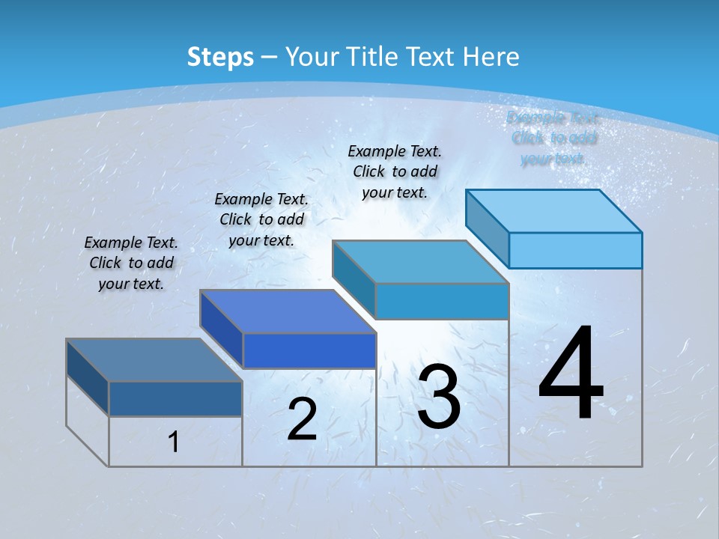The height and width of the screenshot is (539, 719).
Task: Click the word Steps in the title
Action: [x=220, y=57]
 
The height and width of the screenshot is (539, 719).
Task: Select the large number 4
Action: [x=571, y=374]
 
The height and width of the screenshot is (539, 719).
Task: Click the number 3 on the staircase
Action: [x=438, y=397]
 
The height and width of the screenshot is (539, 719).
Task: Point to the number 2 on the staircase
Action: [x=302, y=418]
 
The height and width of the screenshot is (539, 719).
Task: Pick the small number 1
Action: [x=174, y=442]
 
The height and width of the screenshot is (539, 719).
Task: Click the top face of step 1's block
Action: [x=154, y=360]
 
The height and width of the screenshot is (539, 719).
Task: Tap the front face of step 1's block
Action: [x=175, y=399]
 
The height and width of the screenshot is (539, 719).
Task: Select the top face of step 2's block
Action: [x=288, y=311]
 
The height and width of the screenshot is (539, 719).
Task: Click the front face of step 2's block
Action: [x=309, y=350]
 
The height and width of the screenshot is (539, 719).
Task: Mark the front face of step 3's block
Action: [x=442, y=301]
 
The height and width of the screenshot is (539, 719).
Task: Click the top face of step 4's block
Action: [x=554, y=211]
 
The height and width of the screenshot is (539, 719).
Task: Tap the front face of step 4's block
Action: [x=575, y=250]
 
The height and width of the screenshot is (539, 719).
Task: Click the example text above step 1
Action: [x=131, y=263]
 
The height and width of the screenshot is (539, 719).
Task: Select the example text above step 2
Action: [x=261, y=219]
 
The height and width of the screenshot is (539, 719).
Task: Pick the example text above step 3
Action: [x=395, y=171]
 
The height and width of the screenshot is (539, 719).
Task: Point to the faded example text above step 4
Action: [x=553, y=138]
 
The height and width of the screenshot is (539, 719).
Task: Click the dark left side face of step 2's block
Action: [x=222, y=329]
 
